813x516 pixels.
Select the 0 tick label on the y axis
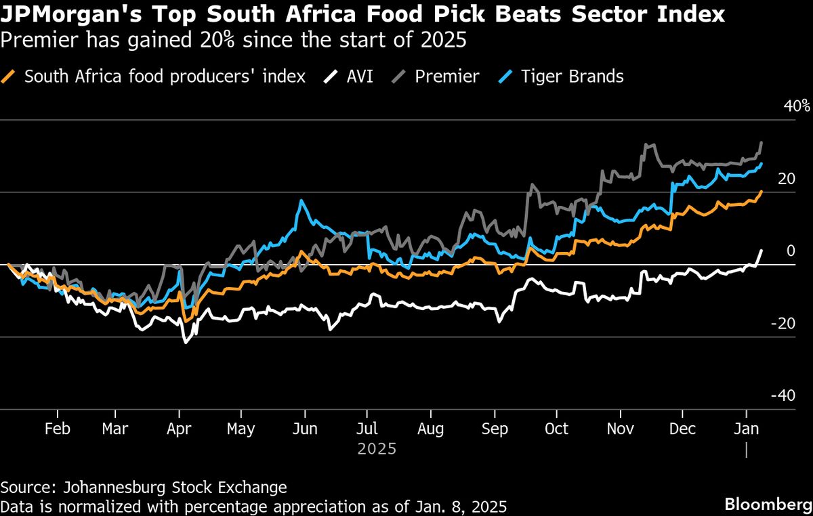(x=789, y=251)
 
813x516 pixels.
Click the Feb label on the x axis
(x=58, y=429)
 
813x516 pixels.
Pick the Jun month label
(x=305, y=429)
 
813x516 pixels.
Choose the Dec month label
(x=683, y=429)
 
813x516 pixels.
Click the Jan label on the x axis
(x=746, y=429)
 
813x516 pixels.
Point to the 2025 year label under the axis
(x=377, y=449)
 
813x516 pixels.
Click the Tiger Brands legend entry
(x=572, y=77)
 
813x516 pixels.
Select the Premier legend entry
(x=446, y=77)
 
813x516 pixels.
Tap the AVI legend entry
(x=360, y=77)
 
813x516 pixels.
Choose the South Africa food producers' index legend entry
(x=165, y=77)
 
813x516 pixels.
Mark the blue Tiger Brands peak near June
(x=299, y=201)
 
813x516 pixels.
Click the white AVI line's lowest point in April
(x=185, y=343)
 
